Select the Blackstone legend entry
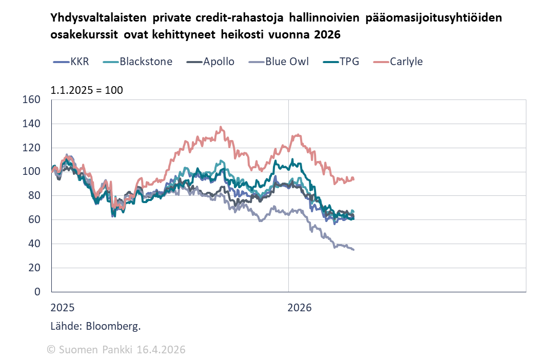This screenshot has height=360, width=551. tap(146, 62)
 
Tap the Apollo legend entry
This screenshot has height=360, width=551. tap(219, 62)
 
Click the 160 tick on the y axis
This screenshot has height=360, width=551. tap(32, 99)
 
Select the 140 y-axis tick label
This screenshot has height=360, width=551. tap(32, 124)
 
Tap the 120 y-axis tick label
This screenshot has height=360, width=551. tap(32, 148)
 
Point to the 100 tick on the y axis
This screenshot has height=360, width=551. tap(32, 172)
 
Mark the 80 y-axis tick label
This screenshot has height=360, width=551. tap(34, 195)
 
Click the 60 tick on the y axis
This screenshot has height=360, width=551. tap(34, 219)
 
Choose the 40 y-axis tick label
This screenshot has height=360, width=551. tap(34, 244)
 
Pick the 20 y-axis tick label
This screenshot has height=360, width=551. tap(34, 268)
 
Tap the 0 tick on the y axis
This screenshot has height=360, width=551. tap(37, 292)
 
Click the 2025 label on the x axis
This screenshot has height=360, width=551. tap(63, 308)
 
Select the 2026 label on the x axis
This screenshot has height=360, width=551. tap(300, 308)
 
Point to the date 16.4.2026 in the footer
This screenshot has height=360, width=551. tap(161, 350)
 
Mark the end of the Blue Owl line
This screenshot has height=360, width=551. tap(353, 250)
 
